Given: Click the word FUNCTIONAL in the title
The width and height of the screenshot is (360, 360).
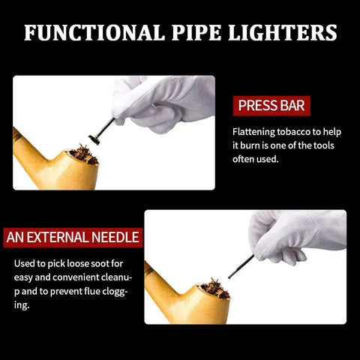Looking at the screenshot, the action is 94,32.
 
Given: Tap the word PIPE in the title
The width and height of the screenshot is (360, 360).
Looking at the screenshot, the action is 196,32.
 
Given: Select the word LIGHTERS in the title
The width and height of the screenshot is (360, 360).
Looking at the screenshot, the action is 283,32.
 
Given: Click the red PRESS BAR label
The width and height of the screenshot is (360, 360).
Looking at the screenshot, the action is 271,106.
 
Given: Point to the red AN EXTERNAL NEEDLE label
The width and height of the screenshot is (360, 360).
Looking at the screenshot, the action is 73,238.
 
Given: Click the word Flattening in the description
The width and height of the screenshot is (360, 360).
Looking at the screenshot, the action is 253,132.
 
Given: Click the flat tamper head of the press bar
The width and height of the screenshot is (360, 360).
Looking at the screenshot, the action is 94,139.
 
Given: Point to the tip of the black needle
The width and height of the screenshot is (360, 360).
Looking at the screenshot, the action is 229,277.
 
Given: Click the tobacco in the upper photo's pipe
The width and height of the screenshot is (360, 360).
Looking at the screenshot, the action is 84,154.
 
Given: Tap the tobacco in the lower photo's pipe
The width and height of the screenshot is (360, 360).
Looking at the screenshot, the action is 215,288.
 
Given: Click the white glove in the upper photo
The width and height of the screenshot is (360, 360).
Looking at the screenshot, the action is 163,103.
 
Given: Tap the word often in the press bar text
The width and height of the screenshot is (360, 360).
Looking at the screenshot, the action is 242,159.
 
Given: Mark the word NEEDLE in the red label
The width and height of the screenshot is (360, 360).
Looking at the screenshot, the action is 115,238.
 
